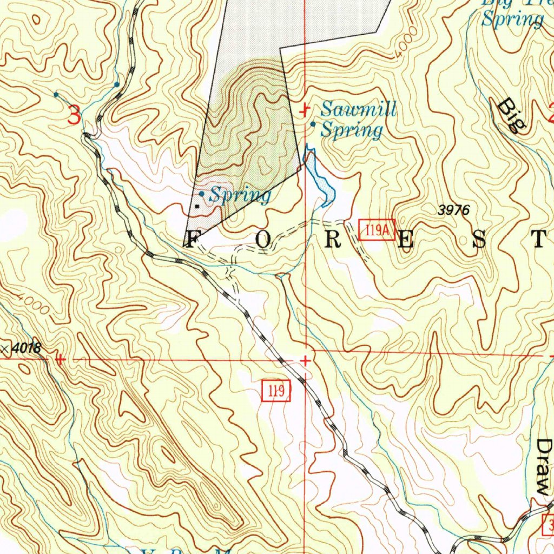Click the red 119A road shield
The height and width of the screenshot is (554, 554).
coord(377,229)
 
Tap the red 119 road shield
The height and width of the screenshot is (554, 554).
coord(276,391)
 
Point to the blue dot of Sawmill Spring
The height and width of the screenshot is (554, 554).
coord(313,124)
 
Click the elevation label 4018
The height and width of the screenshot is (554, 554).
coord(25,349)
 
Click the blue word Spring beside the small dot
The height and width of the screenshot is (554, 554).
coord(240,195)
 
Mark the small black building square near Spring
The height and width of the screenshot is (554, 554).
coord(197,206)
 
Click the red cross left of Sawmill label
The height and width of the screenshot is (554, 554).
coord(305,110)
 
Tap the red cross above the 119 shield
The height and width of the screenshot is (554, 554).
coord(306,360)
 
